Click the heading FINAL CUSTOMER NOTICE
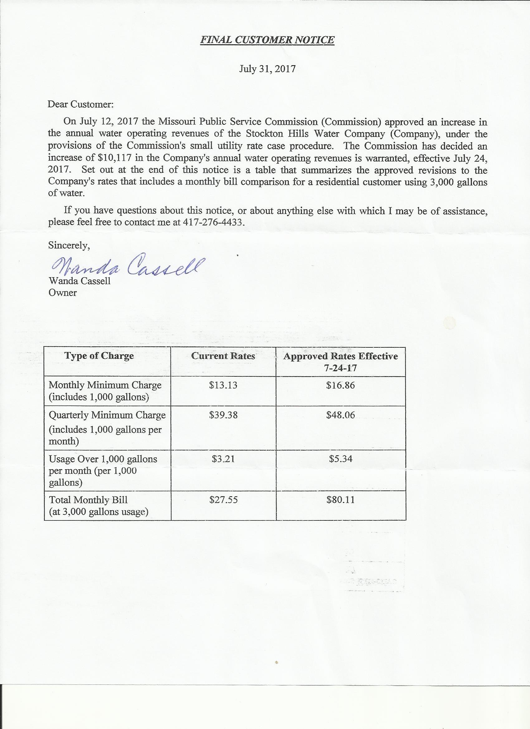click(x=267, y=40)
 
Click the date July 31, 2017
click(x=267, y=69)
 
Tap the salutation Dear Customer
click(x=80, y=104)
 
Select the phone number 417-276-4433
click(x=212, y=222)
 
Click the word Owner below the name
click(x=62, y=293)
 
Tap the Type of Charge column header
click(x=99, y=356)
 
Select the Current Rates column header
click(x=223, y=356)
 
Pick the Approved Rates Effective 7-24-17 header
click(x=340, y=362)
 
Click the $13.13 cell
click(x=223, y=385)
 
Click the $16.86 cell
click(x=340, y=385)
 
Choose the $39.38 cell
click(x=223, y=415)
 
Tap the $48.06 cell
click(x=340, y=415)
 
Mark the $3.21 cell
click(x=223, y=459)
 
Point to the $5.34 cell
click(x=340, y=459)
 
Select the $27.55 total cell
click(x=223, y=500)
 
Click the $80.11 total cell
click(x=340, y=500)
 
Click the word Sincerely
click(x=69, y=245)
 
